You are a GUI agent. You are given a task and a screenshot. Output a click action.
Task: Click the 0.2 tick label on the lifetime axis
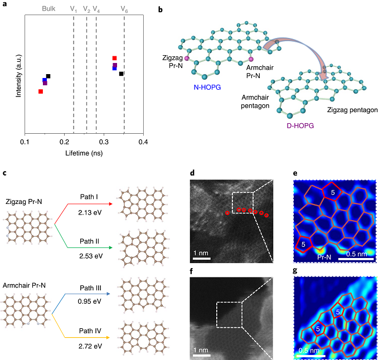point(64,142)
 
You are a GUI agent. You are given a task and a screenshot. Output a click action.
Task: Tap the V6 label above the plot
point(124,9)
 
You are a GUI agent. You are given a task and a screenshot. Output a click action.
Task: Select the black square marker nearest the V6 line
point(122,74)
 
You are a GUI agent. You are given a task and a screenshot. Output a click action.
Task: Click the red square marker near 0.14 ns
point(41,91)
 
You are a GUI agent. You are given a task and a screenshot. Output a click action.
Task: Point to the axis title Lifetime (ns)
point(84,153)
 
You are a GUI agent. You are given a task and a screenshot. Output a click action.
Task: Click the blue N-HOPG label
point(207,87)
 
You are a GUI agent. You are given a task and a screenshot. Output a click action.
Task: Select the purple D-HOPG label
point(300,125)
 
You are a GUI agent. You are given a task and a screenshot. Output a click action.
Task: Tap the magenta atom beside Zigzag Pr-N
point(187,58)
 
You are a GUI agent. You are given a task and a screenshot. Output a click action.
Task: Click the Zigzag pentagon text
point(352,110)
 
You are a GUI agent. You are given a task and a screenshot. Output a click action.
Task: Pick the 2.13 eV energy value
point(90,213)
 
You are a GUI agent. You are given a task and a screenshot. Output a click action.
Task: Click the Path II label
point(89,241)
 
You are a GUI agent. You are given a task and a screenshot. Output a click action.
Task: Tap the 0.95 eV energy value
point(89,301)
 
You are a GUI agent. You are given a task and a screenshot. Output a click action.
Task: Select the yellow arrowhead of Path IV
point(108,337)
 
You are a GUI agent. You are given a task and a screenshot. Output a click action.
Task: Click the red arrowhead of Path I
point(111,204)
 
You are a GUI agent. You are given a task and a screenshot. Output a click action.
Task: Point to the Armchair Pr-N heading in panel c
point(24,285)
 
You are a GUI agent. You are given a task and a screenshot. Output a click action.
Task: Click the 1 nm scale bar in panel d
point(202,259)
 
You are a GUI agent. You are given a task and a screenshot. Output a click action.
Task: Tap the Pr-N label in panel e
point(324,257)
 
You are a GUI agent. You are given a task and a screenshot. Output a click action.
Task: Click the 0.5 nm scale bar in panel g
point(311,356)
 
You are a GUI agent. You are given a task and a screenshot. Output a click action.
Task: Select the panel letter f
point(192,271)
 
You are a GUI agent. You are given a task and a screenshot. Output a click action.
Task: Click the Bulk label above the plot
point(48,9)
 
